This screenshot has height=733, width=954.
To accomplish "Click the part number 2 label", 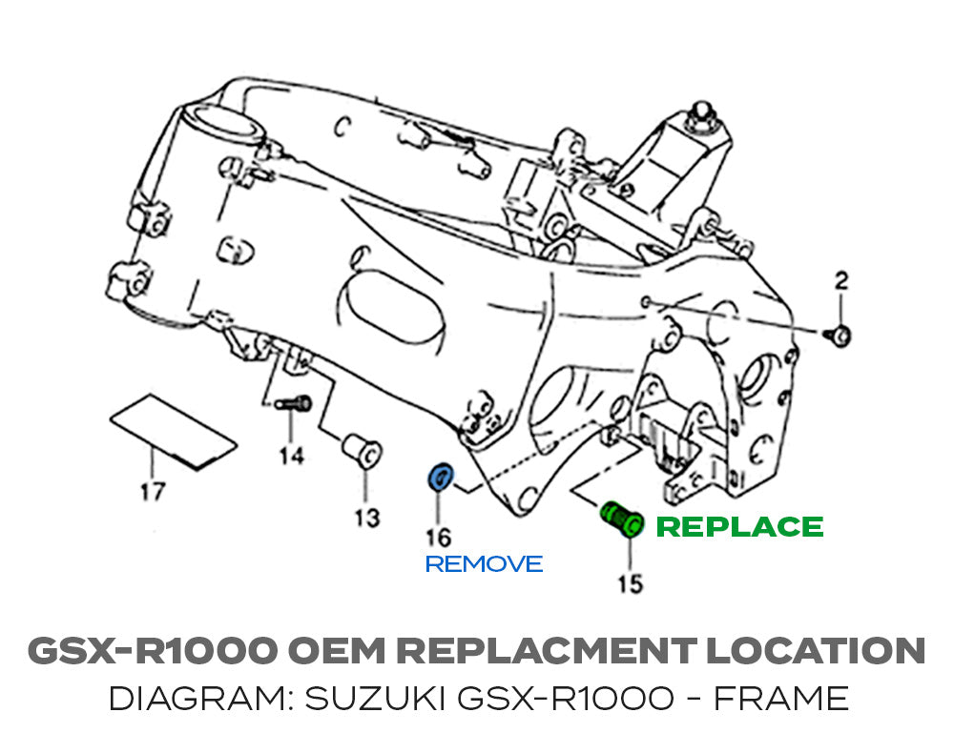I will [840, 280].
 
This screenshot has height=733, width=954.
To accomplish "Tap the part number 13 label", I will [366, 518].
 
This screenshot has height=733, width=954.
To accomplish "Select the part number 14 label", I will [292, 457].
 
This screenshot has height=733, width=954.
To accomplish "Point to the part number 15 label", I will [631, 582].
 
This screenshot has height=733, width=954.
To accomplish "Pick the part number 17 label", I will [153, 492].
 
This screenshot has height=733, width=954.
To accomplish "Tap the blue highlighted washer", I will [441, 477].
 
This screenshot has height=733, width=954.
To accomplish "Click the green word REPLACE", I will [740, 527].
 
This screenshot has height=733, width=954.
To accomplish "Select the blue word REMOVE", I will [484, 564].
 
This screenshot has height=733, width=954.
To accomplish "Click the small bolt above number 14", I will [294, 405].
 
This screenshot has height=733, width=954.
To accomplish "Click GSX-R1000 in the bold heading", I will [153, 651].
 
